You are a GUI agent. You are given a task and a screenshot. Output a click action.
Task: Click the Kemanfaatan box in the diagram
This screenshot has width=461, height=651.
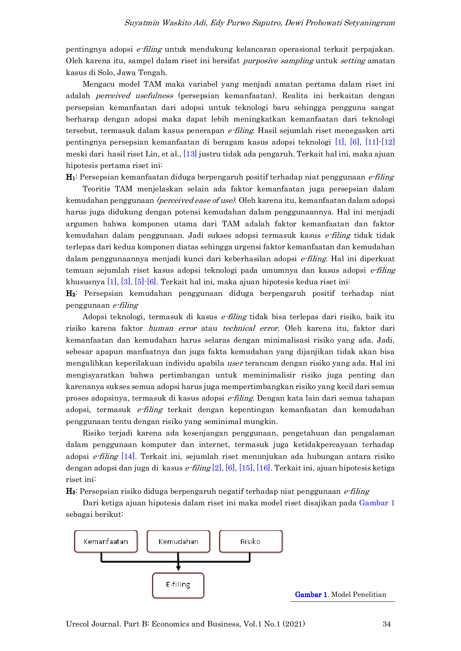pos(106,541)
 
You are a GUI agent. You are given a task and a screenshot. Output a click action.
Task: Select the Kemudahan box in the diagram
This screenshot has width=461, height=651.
pos(178,541)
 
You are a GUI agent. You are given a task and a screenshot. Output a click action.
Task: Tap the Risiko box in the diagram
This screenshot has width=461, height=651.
pos(251,541)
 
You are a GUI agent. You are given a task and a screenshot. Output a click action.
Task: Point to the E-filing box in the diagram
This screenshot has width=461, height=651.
pos(178,586)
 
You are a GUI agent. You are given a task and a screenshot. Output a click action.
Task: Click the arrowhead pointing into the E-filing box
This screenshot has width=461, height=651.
pos(178,568)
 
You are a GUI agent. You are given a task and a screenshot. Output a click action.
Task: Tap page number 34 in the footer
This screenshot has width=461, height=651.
pos(387,624)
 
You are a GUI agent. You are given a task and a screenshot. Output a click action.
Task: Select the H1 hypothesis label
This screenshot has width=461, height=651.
pos(71,177)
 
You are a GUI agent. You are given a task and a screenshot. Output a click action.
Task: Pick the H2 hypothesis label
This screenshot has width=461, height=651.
pos(71,294)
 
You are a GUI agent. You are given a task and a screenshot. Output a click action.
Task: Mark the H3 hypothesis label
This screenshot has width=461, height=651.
pos(71,491)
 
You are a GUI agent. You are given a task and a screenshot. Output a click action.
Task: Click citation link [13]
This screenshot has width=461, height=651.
pos(190,154)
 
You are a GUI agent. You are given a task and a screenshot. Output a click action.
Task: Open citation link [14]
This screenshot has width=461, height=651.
pos(128,456)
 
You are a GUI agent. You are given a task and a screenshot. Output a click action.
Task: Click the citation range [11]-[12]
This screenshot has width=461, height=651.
pos(380,142)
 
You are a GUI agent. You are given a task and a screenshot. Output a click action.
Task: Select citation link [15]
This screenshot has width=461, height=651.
pos(246,468)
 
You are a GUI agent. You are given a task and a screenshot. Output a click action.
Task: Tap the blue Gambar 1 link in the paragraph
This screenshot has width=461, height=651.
pos(377,503)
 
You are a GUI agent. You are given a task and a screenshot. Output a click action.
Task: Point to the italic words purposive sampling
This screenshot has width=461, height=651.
pos(278,61)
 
